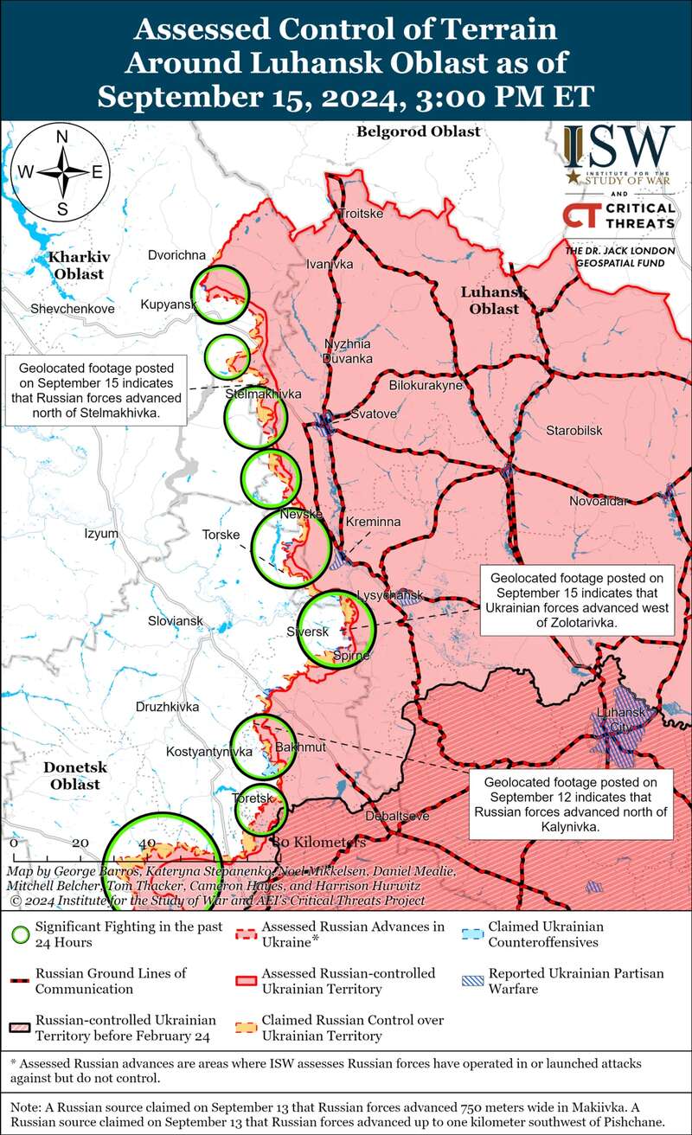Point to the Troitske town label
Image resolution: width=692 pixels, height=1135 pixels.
(x=360, y=214)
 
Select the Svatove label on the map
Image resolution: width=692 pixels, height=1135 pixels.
(x=374, y=414)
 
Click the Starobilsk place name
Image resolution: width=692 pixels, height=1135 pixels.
(x=573, y=431)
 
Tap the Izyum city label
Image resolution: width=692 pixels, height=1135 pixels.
(x=101, y=534)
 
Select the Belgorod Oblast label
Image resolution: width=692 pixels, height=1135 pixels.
(x=418, y=131)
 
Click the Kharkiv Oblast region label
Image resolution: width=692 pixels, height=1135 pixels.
(x=76, y=266)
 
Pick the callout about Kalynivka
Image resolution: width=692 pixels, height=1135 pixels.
(x=571, y=805)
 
